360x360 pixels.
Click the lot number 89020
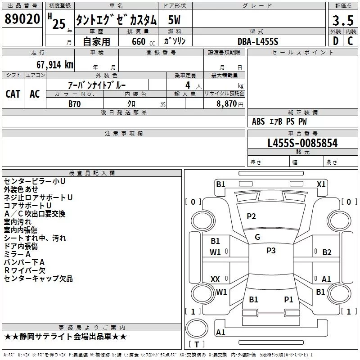22,19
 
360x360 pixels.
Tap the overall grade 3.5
343,20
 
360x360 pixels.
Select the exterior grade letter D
335,41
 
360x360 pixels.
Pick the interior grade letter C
350,41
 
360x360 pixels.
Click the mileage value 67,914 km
55,65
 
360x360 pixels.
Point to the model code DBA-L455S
258,41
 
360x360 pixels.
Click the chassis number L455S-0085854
302,143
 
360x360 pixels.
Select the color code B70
75,104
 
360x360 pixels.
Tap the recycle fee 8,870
226,103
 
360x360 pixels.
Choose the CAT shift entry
13,94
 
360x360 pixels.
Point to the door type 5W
174,20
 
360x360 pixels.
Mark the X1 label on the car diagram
321,184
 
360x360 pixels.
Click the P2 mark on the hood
251,216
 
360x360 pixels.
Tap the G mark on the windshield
257,237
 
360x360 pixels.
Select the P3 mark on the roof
271,251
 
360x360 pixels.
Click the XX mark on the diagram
215,279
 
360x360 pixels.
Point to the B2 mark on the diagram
327,252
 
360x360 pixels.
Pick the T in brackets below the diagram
197,344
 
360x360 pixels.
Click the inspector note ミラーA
17,254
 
